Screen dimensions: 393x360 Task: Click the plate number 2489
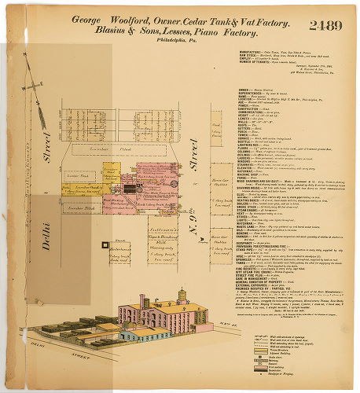point(325,25)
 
